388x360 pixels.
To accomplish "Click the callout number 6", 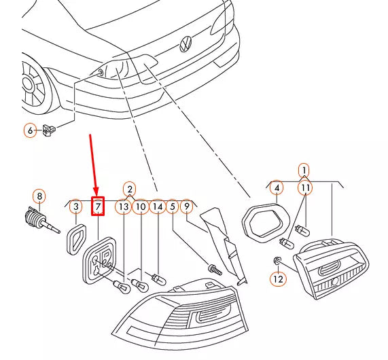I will point(30,130).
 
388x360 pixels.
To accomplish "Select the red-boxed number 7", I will point(98,206).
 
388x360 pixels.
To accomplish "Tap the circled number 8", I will point(39,197).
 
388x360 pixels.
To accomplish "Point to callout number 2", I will point(129,190).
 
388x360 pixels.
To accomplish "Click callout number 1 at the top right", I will point(304,170).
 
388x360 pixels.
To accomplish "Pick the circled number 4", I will point(276,187).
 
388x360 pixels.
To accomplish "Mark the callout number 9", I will point(186,206).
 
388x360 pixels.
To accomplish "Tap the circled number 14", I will point(157,206).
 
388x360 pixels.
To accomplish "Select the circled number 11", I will point(306,187).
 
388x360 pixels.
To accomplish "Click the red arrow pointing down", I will point(93,163).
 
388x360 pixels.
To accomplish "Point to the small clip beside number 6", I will point(48,129).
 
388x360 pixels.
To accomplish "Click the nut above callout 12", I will point(277,261).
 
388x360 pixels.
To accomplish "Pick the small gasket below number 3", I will point(74,238).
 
